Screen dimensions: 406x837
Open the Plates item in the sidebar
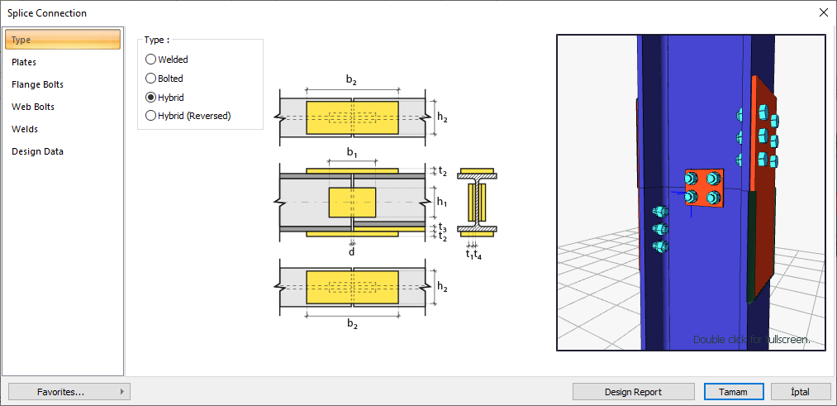pos(24,62)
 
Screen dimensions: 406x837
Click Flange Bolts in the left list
pos(37,84)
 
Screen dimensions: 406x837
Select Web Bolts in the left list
pos(33,107)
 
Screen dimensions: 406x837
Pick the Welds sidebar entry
pos(25,129)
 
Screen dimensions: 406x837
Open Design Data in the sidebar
pos(37,151)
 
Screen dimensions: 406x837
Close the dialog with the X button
pos(823,12)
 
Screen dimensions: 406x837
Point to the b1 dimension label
pos(352,153)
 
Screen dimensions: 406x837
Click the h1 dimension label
pos(442,202)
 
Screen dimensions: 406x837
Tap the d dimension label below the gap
pos(352,251)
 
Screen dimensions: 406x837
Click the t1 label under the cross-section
pos(468,254)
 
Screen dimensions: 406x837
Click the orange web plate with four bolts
pos(704,188)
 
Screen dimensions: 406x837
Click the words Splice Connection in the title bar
pos(47,13)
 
